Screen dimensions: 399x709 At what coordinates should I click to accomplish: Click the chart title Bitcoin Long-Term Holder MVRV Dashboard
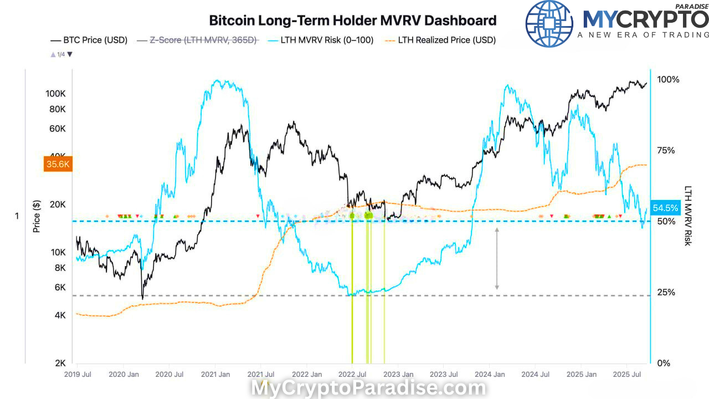coord(352,21)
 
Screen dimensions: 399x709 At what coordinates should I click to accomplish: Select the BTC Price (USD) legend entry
coord(89,40)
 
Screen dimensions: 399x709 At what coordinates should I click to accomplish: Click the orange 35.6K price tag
coord(58,164)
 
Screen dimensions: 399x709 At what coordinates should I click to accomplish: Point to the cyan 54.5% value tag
coord(665,208)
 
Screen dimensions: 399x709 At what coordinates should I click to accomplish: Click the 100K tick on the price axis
coord(56,94)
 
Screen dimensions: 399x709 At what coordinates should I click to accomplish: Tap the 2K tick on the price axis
coord(60,363)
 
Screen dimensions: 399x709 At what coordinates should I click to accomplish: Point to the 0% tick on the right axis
coord(664,363)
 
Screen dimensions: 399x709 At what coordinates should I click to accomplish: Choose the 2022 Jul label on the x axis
coord(353,375)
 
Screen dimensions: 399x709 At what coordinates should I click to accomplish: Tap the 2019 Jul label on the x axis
coord(78,375)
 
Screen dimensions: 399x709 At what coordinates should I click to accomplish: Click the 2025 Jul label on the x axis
coord(627,375)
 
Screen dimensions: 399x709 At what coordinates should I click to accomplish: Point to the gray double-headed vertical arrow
coord(497,258)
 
